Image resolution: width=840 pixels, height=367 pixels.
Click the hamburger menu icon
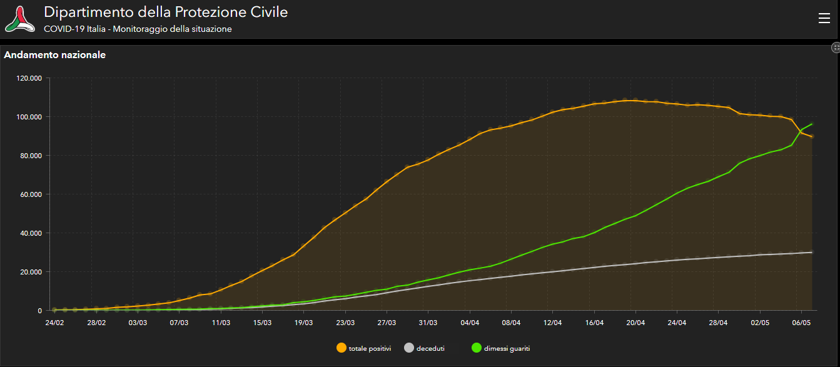coord(824,19)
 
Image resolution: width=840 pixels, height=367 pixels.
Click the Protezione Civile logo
coord(21,19)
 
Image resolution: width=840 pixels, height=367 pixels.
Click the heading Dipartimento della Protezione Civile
coord(166,12)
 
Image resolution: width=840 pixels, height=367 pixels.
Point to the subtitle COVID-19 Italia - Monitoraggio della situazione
coord(138,29)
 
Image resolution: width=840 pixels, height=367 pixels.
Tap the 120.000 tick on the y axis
coord(29,78)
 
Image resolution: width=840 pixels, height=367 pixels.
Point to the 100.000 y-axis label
coord(29,117)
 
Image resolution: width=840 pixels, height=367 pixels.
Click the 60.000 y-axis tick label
coord(31,194)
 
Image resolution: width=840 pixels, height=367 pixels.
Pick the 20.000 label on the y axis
coord(31,272)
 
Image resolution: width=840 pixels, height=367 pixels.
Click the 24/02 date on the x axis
coord(54,323)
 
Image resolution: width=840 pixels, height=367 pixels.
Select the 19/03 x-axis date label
coord(303,323)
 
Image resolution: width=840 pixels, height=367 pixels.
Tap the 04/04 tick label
coord(469,323)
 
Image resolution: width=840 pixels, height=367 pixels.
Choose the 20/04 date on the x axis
coord(635,323)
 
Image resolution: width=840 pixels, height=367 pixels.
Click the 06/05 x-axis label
coord(801,323)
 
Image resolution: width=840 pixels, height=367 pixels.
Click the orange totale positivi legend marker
coord(342,348)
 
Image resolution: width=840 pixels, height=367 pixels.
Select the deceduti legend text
coord(430,348)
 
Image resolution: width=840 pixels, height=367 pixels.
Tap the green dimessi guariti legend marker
coord(476,348)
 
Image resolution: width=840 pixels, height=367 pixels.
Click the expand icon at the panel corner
coord(836,48)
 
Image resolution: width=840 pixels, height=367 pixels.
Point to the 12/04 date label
coord(552,323)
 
